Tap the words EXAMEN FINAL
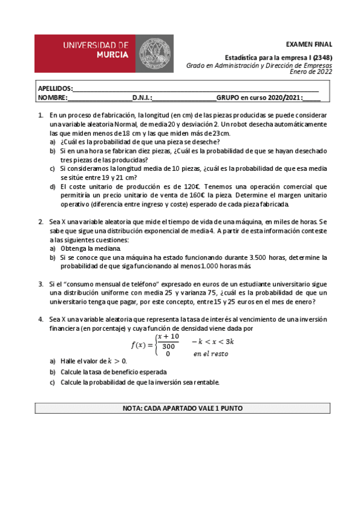point(309,44)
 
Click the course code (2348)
point(319,58)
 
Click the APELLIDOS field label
point(55,88)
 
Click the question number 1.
point(40,115)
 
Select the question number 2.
point(40,222)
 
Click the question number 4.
point(40,319)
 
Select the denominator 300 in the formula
point(169,346)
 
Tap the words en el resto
point(210,354)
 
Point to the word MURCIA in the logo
point(112,54)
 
